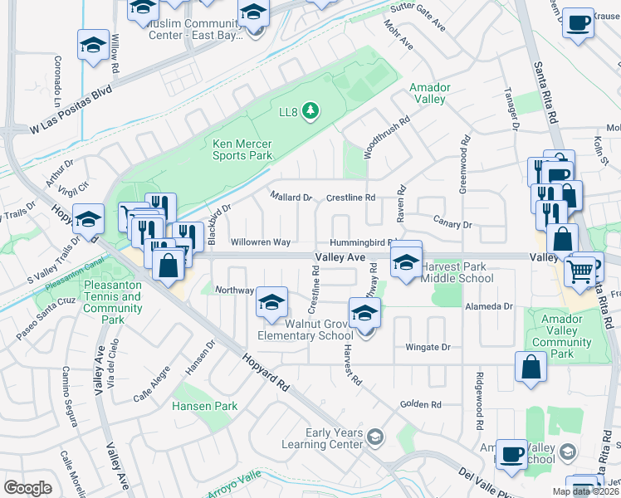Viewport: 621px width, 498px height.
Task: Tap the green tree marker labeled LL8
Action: tap(310, 110)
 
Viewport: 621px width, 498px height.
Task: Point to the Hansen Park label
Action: tap(204, 406)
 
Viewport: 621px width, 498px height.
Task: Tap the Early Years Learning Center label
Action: tap(334, 438)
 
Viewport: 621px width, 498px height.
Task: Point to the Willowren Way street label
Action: tap(260, 242)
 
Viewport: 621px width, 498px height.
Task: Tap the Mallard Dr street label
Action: tap(291, 198)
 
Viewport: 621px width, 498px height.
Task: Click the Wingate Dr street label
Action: tap(428, 347)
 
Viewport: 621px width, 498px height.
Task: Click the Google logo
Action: tap(28, 488)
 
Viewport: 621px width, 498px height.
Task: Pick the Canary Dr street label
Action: tap(452, 224)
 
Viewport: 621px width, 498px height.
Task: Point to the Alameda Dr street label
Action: tap(489, 306)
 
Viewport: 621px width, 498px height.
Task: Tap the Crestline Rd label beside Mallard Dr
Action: tap(350, 198)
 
